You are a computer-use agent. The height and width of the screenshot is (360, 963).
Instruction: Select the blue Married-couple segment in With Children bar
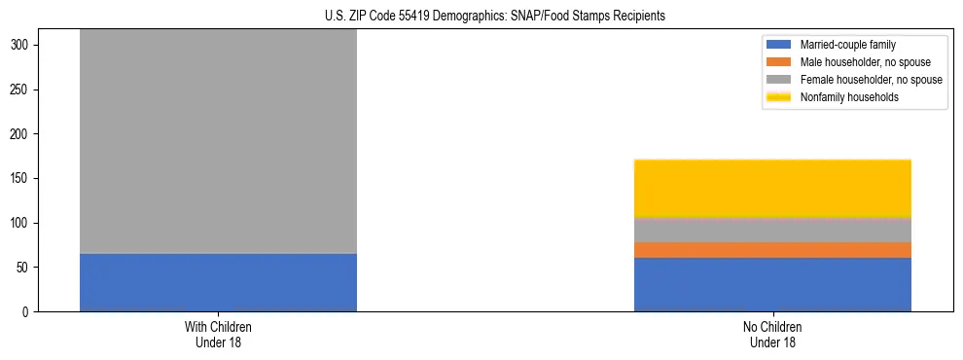pos(218,282)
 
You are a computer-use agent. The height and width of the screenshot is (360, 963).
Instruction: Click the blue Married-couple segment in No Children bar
pos(772,284)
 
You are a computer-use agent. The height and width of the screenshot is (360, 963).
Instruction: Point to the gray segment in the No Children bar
pos(772,230)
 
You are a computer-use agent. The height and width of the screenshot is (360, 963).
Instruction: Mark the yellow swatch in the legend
pos(780,97)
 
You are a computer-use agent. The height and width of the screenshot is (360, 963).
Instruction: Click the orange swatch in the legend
pos(780,62)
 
